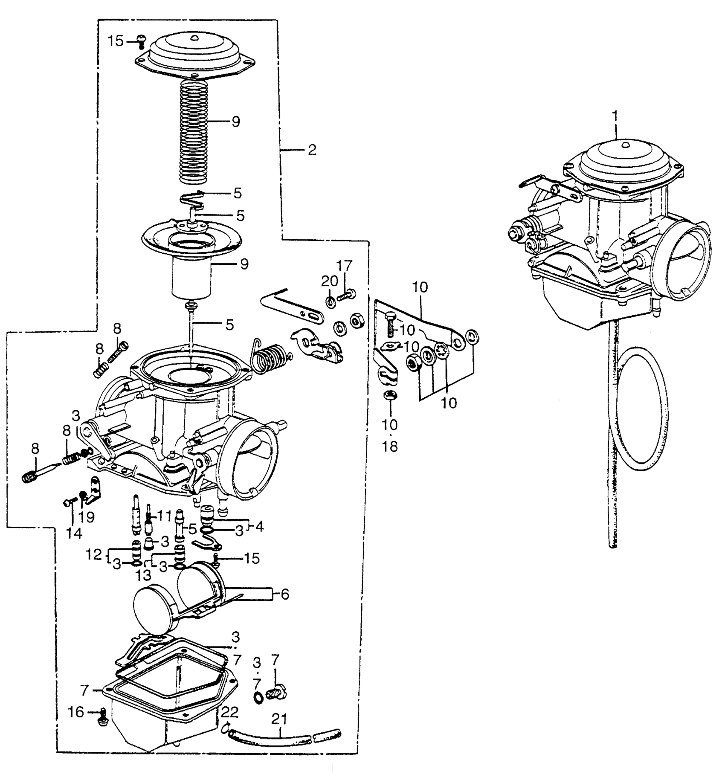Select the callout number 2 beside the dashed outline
click(312, 150)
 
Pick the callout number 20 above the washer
click(330, 281)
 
